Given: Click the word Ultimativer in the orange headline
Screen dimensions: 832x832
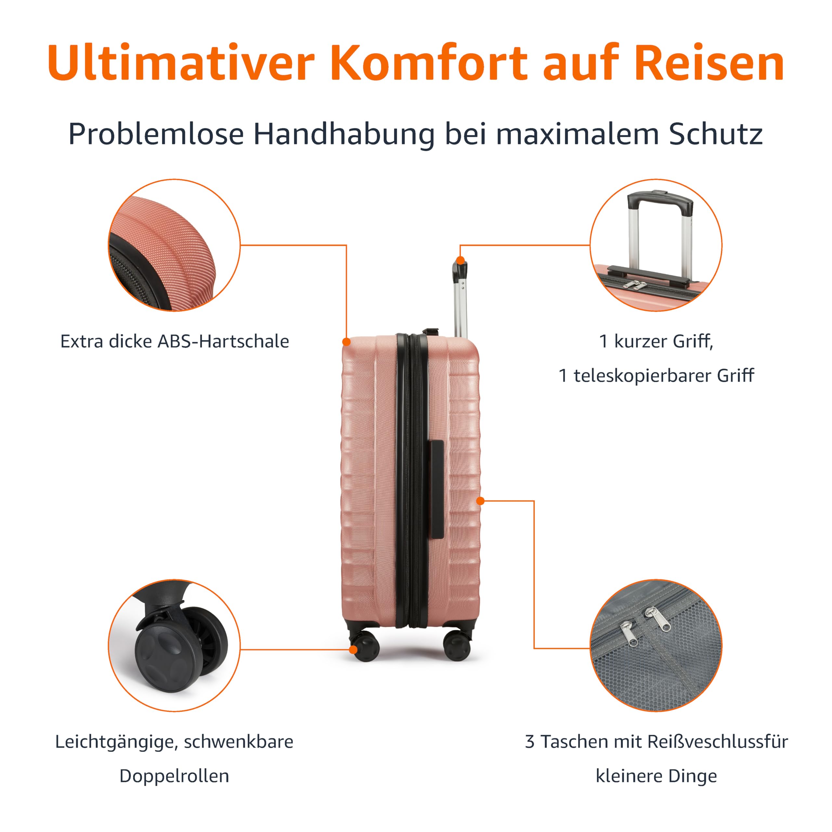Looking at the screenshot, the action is point(181,62).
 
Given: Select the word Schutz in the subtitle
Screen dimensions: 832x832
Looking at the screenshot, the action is point(716,134).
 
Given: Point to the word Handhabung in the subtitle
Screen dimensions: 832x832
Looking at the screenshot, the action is point(344,134).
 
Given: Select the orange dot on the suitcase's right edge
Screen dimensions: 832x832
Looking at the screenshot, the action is point(481,501).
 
